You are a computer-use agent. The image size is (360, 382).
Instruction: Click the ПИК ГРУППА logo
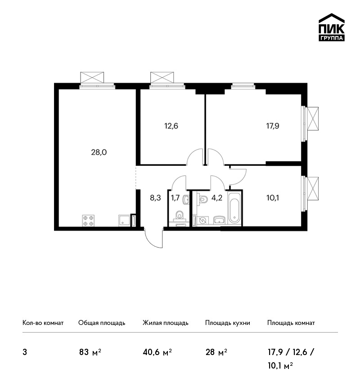coord(332,27)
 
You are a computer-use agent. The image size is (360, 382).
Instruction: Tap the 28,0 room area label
coord(99,152)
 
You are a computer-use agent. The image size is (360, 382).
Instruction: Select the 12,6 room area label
coord(171,126)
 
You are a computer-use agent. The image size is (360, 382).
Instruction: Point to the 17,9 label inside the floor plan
coord(272,126)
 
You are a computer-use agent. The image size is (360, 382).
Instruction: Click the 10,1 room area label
coord(272,198)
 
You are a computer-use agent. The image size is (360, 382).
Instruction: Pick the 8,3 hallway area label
coord(155,198)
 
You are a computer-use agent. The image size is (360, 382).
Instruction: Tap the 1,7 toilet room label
coord(175,198)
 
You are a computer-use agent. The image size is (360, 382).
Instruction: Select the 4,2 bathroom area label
coord(216,198)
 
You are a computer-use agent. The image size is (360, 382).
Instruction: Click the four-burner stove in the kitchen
coord(88,221)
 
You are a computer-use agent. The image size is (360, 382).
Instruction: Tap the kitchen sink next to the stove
coord(124,220)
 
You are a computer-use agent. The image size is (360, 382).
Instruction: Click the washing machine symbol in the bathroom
coord(202,221)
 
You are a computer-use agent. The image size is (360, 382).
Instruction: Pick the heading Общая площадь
coord(102,323)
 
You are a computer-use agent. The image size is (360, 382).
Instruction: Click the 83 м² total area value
coord(90,352)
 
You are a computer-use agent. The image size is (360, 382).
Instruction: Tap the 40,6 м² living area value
coord(157,352)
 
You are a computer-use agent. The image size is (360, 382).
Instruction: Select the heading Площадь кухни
coord(228,323)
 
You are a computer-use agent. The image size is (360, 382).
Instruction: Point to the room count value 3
coord(25,352)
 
